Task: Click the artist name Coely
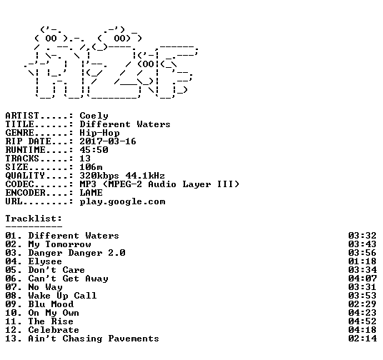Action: (94, 116)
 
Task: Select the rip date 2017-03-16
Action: (108, 141)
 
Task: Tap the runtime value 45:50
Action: (94, 150)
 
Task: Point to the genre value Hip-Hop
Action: (99, 133)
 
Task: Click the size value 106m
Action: (91, 167)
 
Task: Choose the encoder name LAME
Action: (91, 193)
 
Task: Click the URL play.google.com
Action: (122, 201)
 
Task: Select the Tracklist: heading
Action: (34, 219)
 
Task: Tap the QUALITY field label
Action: (25, 176)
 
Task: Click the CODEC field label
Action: (19, 184)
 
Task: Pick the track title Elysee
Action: (45, 261)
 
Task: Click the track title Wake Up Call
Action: (62, 296)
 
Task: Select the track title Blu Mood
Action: (51, 304)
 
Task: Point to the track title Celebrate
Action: (54, 330)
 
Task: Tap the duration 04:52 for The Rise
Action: (362, 321)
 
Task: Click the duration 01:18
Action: (362, 261)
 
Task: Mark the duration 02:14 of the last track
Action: (362, 339)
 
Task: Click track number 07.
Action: (11, 287)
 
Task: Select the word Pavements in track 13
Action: (134, 339)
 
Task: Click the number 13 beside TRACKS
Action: (85, 159)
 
